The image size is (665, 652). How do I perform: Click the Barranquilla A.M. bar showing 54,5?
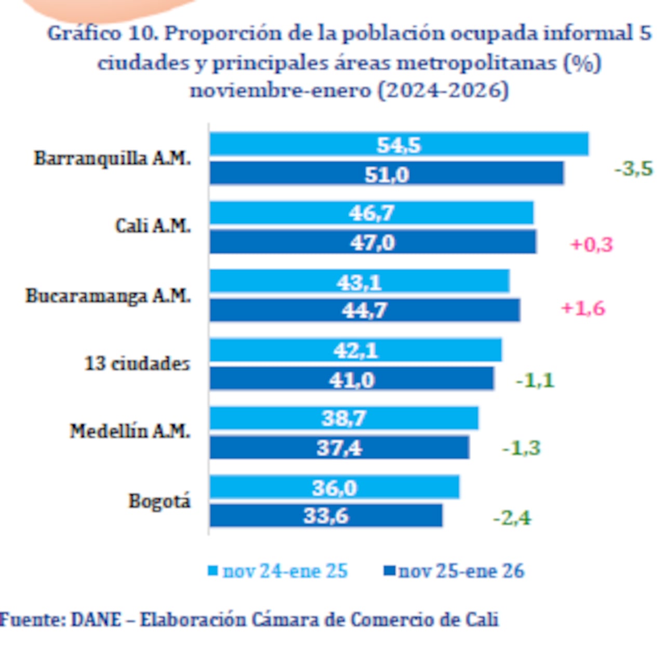click(x=399, y=144)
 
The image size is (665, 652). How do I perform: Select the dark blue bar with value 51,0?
click(x=387, y=173)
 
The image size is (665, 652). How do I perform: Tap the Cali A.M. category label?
click(x=153, y=226)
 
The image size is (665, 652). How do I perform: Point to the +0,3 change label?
click(x=591, y=244)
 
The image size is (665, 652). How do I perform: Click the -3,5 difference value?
click(x=633, y=169)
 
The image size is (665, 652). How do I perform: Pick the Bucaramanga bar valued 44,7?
click(x=365, y=310)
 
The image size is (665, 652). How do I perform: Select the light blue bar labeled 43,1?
click(x=359, y=281)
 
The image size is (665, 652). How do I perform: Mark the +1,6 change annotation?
click(x=583, y=308)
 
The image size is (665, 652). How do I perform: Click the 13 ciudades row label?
click(x=137, y=363)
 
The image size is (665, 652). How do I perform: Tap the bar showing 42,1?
click(x=355, y=350)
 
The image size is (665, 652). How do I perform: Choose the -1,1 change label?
click(x=535, y=381)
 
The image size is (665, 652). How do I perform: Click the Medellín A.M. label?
click(x=130, y=431)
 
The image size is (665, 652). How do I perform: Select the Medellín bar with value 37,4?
click(x=339, y=447)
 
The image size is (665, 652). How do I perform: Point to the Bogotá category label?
click(x=159, y=501)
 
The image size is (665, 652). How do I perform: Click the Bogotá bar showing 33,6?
click(x=326, y=516)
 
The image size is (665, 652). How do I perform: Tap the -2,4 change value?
click(x=512, y=518)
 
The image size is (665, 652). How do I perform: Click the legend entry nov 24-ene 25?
click(x=285, y=571)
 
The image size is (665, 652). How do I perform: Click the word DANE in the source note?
click(x=96, y=619)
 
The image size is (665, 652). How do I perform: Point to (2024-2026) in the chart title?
click(x=443, y=90)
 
